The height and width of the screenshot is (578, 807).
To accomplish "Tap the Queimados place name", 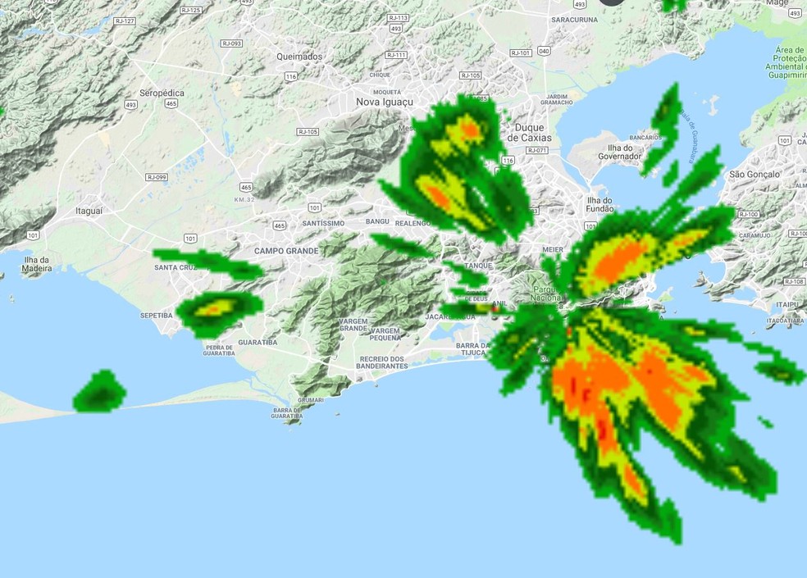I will click(299, 57).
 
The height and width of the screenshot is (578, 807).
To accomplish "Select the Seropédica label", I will click(162, 93).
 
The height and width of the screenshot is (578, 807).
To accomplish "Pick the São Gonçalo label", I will click(754, 175).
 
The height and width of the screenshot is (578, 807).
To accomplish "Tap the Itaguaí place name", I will click(89, 211).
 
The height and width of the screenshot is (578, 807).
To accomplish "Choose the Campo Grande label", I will click(285, 251).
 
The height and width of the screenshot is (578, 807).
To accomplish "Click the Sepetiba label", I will click(156, 315).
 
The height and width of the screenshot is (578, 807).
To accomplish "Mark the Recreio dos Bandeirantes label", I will click(383, 362).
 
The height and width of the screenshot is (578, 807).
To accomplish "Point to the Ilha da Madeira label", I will click(37, 264).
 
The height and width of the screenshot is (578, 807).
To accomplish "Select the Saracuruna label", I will click(575, 19).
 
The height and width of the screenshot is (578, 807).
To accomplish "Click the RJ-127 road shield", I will click(125, 21).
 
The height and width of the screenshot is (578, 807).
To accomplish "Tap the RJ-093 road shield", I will click(231, 43).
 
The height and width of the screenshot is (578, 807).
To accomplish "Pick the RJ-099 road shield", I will click(157, 177).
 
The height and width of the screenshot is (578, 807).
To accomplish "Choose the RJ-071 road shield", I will click(536, 150).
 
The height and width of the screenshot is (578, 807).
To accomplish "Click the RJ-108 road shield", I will click(794, 281).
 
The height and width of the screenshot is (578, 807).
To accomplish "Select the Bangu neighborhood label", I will click(377, 222).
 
